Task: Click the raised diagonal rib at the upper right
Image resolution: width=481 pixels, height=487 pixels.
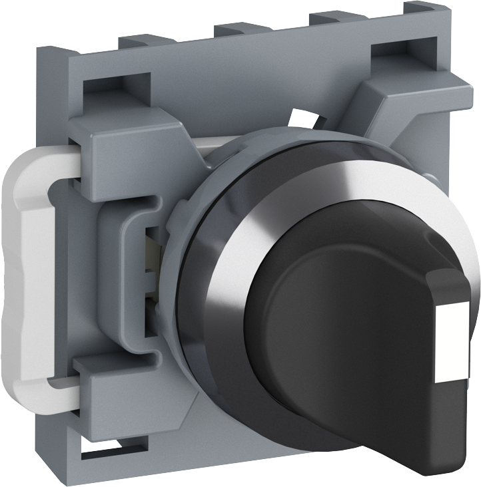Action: click(393, 106)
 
